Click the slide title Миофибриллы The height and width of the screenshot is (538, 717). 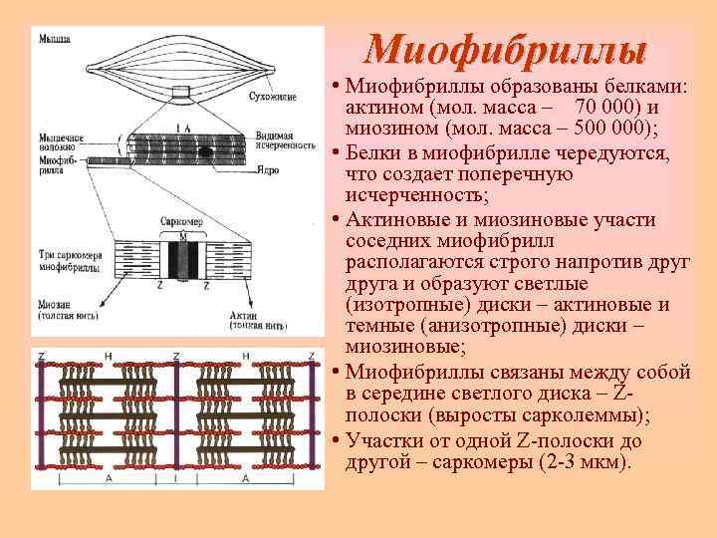pyautogui.click(x=505, y=49)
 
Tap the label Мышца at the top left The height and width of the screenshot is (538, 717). pyautogui.click(x=54, y=39)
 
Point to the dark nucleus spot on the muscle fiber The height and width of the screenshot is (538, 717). pyautogui.click(x=204, y=152)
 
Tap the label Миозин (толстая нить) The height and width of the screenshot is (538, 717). pyautogui.click(x=65, y=309)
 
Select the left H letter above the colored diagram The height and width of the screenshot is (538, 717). pyautogui.click(x=108, y=355)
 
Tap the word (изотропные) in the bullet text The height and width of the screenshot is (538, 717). pyautogui.click(x=396, y=305)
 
